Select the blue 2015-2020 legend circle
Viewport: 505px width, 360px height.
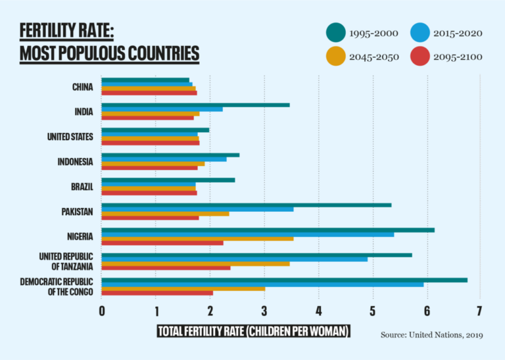pyautogui.click(x=420, y=32)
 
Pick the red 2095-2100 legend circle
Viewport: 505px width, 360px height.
pyautogui.click(x=420, y=57)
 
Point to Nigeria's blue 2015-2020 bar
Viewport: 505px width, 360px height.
pyautogui.click(x=247, y=234)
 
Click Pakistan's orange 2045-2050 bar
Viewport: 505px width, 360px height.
pyautogui.click(x=165, y=213)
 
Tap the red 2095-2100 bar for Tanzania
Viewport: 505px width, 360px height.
pyautogui.click(x=166, y=268)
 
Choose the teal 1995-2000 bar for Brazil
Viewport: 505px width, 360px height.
pyautogui.click(x=168, y=180)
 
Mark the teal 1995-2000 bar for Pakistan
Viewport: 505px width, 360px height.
pyautogui.click(x=246, y=205)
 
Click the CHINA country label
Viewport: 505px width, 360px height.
pyautogui.click(x=83, y=87)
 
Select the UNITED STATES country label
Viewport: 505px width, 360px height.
pyautogui.click(x=70, y=137)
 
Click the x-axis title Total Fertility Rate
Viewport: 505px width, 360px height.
pyautogui.click(x=253, y=331)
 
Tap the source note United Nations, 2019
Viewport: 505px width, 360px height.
pyautogui.click(x=431, y=335)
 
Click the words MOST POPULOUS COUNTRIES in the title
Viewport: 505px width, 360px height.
pyautogui.click(x=109, y=53)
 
